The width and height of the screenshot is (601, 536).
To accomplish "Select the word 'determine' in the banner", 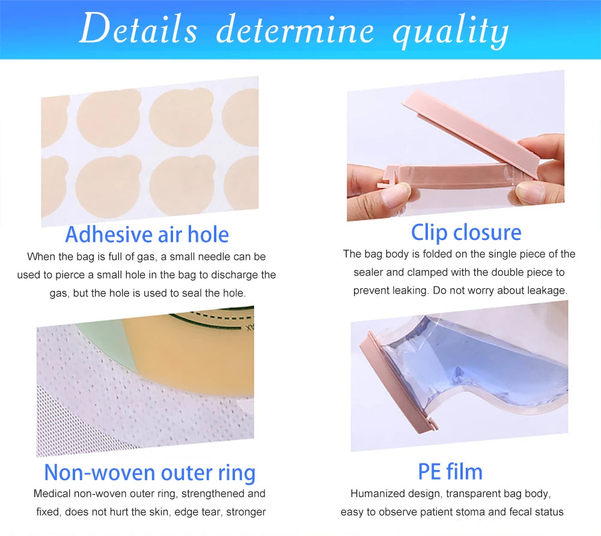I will pos(294,30).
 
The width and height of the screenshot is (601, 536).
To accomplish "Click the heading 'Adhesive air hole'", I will pos(147,234).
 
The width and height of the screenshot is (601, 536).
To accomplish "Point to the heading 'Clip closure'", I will pos(466,232).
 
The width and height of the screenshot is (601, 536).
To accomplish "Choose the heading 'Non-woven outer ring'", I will pos(150,472).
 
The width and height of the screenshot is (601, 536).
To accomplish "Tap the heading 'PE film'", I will pos(450,471).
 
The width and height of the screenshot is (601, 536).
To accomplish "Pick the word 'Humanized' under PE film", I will pos(377,494).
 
